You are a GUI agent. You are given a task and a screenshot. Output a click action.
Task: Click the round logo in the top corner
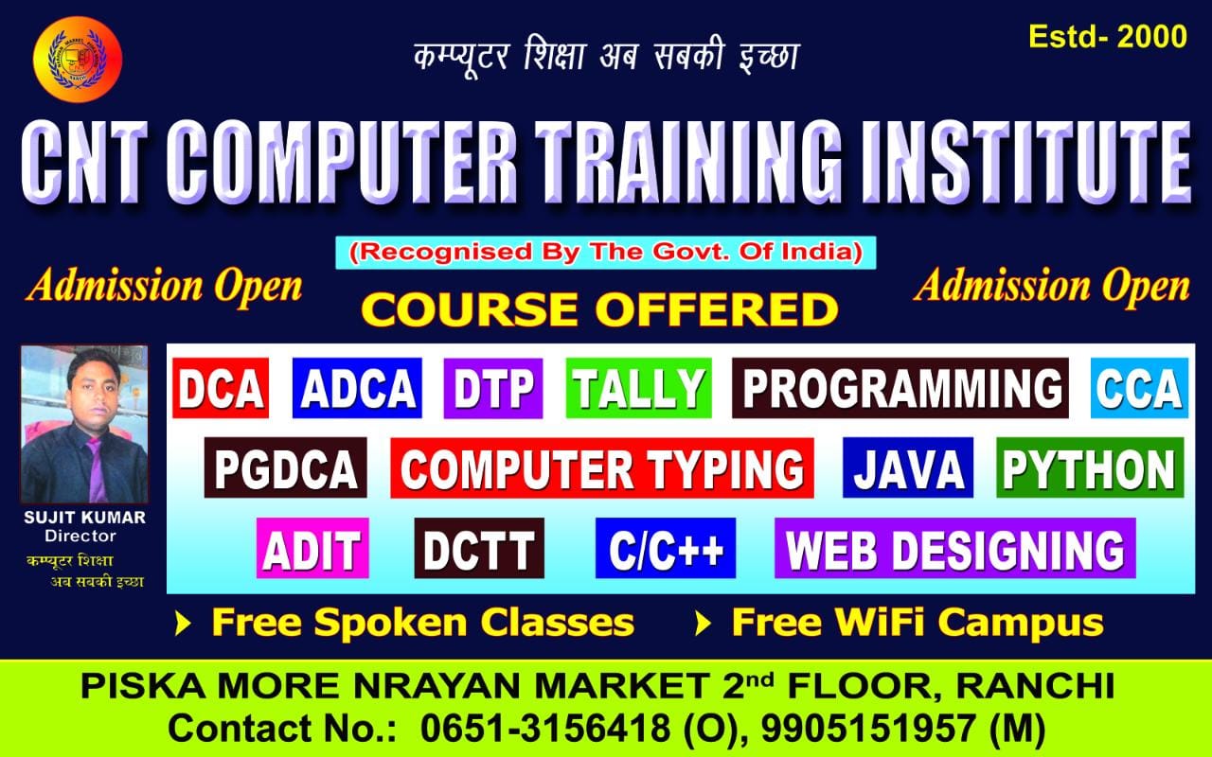click(x=78, y=58)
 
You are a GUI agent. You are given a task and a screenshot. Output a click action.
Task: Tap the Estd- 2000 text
click(x=1107, y=37)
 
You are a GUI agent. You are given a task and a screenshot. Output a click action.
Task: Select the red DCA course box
click(x=221, y=388)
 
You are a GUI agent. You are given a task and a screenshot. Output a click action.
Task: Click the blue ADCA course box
click(x=357, y=388)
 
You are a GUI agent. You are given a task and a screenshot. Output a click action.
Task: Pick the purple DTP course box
click(x=492, y=388)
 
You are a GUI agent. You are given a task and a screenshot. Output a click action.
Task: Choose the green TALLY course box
click(x=639, y=388)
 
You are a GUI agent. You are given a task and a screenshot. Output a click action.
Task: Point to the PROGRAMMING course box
click(x=900, y=388)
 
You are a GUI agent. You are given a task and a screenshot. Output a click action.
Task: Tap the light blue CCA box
click(x=1139, y=388)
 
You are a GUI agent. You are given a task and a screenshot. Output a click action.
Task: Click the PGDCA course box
click(x=285, y=467)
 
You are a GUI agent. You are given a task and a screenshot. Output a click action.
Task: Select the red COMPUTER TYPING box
click(x=601, y=467)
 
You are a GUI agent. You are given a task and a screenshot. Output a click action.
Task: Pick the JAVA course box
click(x=907, y=467)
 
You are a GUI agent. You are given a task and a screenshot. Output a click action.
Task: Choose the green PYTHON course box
click(x=1089, y=467)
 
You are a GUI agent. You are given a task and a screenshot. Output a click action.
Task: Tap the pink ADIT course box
click(x=312, y=549)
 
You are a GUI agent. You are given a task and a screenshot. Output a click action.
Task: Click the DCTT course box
click(x=479, y=549)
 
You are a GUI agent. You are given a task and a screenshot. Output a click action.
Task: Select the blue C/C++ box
click(x=665, y=549)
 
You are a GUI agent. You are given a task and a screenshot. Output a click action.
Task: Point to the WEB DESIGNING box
click(x=954, y=549)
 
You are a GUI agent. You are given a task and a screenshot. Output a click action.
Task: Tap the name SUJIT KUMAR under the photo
click(x=84, y=519)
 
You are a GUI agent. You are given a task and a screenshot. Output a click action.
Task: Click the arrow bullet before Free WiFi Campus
click(x=703, y=623)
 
